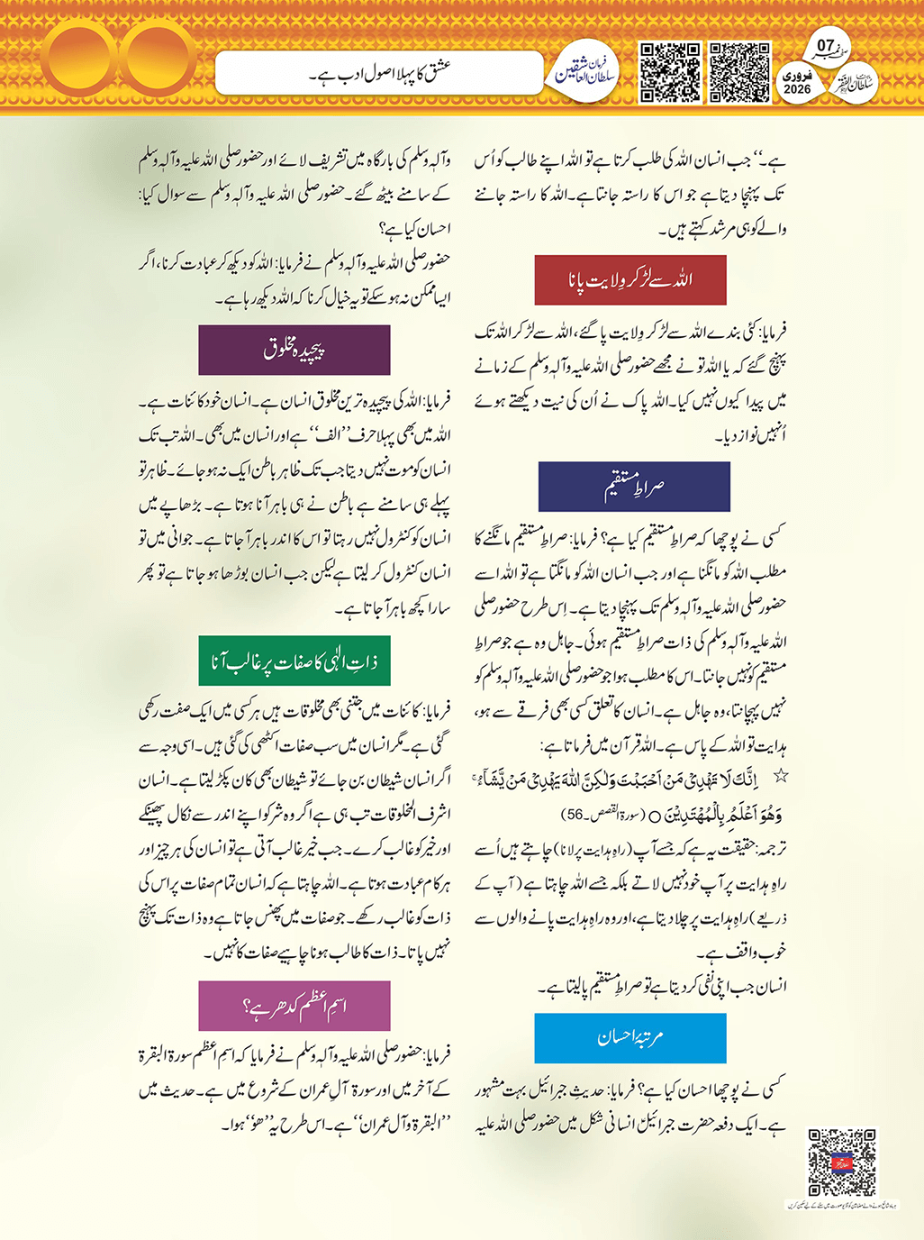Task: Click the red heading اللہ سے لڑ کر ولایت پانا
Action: point(630,280)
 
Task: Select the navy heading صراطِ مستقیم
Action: point(634,487)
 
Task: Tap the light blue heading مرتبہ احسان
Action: point(630,1038)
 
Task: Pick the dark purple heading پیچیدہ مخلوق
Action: point(294,350)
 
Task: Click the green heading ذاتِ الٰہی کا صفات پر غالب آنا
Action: point(294,661)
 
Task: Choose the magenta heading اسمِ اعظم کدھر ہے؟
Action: point(294,1006)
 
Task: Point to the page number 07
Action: point(825,45)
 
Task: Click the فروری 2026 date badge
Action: point(797,83)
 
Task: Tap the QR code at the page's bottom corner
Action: point(841,1162)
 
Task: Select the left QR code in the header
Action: point(670,72)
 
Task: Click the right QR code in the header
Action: point(739,72)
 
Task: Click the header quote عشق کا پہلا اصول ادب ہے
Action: point(380,73)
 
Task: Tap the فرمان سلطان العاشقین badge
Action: point(584,72)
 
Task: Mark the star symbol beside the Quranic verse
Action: point(781,776)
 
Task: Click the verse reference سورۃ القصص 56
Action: point(596,815)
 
